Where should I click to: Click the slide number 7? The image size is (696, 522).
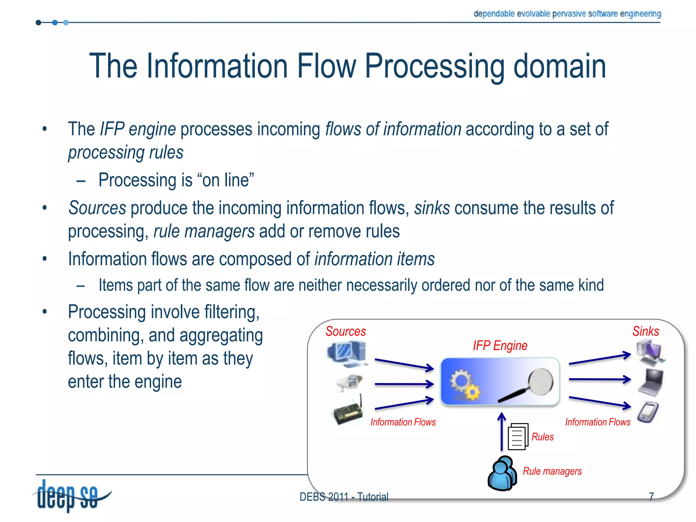pos(651,497)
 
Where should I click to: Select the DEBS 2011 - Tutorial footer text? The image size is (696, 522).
pos(344,497)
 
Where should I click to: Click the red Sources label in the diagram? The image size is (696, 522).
pos(345,331)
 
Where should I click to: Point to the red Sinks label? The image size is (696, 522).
pos(645,331)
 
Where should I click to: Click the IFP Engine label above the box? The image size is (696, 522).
pos(500,346)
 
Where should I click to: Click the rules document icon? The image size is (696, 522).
pos(518,437)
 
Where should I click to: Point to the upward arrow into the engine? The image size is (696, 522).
pos(502,432)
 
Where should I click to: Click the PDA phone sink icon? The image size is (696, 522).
pos(648,412)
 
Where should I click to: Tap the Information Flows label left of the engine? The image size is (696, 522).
pos(403,422)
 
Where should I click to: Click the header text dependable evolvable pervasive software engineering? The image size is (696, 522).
pos(567,14)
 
